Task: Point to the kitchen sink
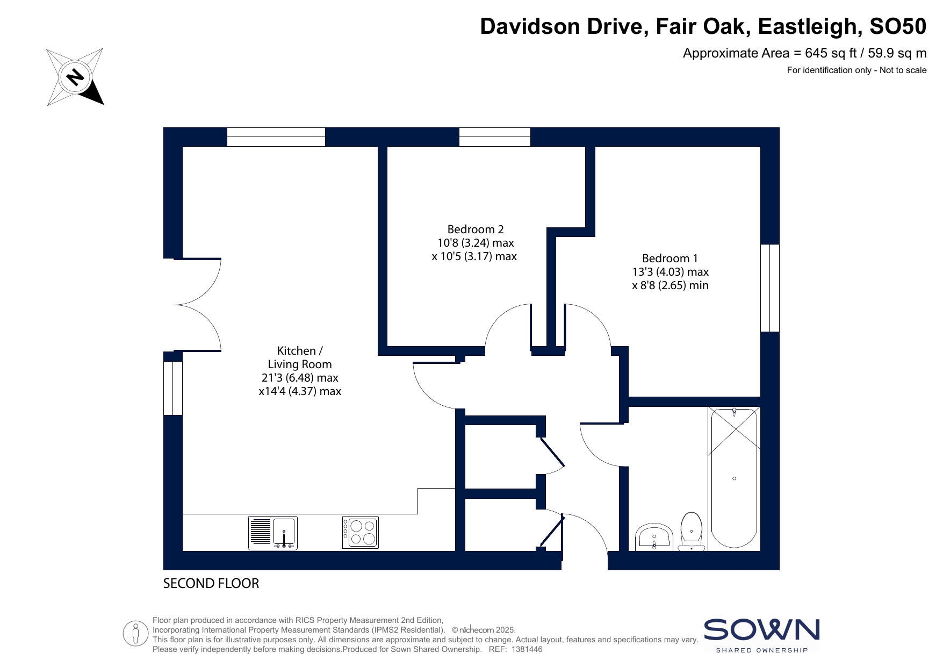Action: pos(273,533)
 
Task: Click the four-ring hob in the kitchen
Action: pos(361,532)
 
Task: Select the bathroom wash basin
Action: pos(654,537)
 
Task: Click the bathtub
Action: pos(734,478)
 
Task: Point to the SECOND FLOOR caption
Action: pos(211,584)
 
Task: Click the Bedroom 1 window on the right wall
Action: pos(770,288)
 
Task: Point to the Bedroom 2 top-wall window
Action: pos(495,137)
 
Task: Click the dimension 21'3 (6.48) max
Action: pos(300,378)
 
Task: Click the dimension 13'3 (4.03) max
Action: pos(670,272)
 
